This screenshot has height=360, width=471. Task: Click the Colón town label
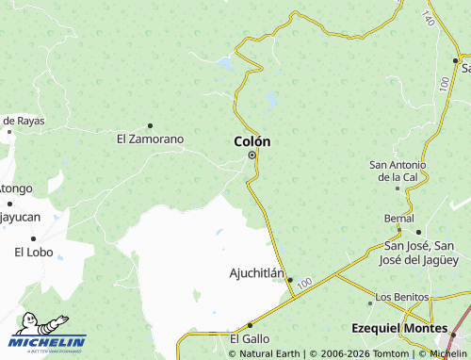252,141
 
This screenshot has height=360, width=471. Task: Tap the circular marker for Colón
252,155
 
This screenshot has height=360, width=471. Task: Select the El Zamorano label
150,139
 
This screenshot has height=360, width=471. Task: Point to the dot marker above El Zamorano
150,125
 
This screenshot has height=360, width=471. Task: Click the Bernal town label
398,219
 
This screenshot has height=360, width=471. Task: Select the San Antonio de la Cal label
398,171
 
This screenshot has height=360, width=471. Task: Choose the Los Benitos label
396,298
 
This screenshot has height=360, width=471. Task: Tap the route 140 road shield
429,19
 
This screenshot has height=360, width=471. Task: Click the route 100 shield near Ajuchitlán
302,283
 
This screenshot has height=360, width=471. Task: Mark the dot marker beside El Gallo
250,325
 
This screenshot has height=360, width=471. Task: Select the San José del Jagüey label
421,253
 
